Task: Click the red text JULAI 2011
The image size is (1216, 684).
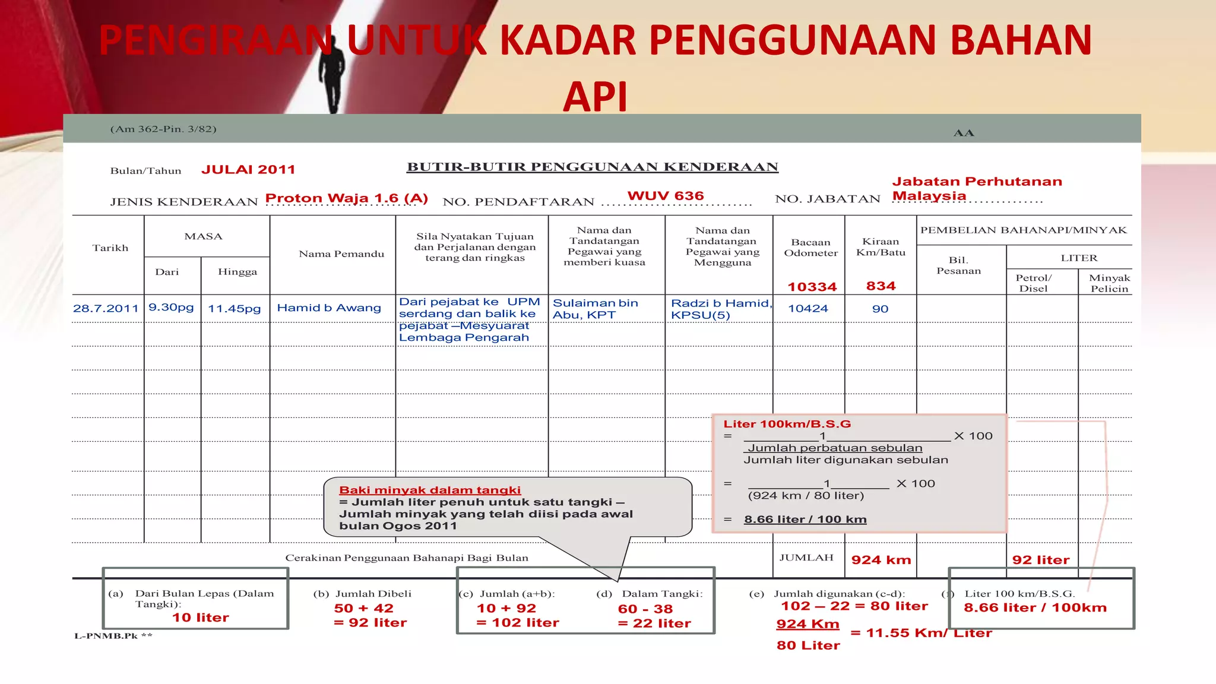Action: pyautogui.click(x=248, y=170)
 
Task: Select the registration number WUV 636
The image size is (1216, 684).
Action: pyautogui.click(x=666, y=196)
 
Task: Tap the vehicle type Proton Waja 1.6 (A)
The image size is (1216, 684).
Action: pyautogui.click(x=346, y=198)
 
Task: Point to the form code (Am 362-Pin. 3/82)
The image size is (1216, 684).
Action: pyautogui.click(x=163, y=129)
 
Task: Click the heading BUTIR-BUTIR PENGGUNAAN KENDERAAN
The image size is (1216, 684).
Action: pyautogui.click(x=592, y=167)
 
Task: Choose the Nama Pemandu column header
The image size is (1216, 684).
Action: pyautogui.click(x=341, y=254)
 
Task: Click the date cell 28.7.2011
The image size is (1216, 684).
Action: pyautogui.click(x=106, y=309)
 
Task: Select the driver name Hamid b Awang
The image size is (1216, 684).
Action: pyautogui.click(x=329, y=308)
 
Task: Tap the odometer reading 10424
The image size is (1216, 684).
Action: pyautogui.click(x=808, y=309)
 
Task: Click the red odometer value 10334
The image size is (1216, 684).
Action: pyautogui.click(x=812, y=287)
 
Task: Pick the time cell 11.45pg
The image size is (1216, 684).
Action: pyautogui.click(x=235, y=309)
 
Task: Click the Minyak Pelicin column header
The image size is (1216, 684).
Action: pyautogui.click(x=1109, y=283)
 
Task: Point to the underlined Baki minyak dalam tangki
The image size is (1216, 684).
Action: pyautogui.click(x=430, y=490)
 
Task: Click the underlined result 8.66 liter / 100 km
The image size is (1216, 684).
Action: pyautogui.click(x=805, y=520)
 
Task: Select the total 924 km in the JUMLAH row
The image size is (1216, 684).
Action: pyautogui.click(x=881, y=560)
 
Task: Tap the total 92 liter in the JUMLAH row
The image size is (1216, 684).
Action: pyautogui.click(x=1040, y=560)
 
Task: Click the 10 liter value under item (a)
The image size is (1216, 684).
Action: pyautogui.click(x=200, y=618)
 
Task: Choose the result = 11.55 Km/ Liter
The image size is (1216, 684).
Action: pyautogui.click(x=921, y=633)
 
